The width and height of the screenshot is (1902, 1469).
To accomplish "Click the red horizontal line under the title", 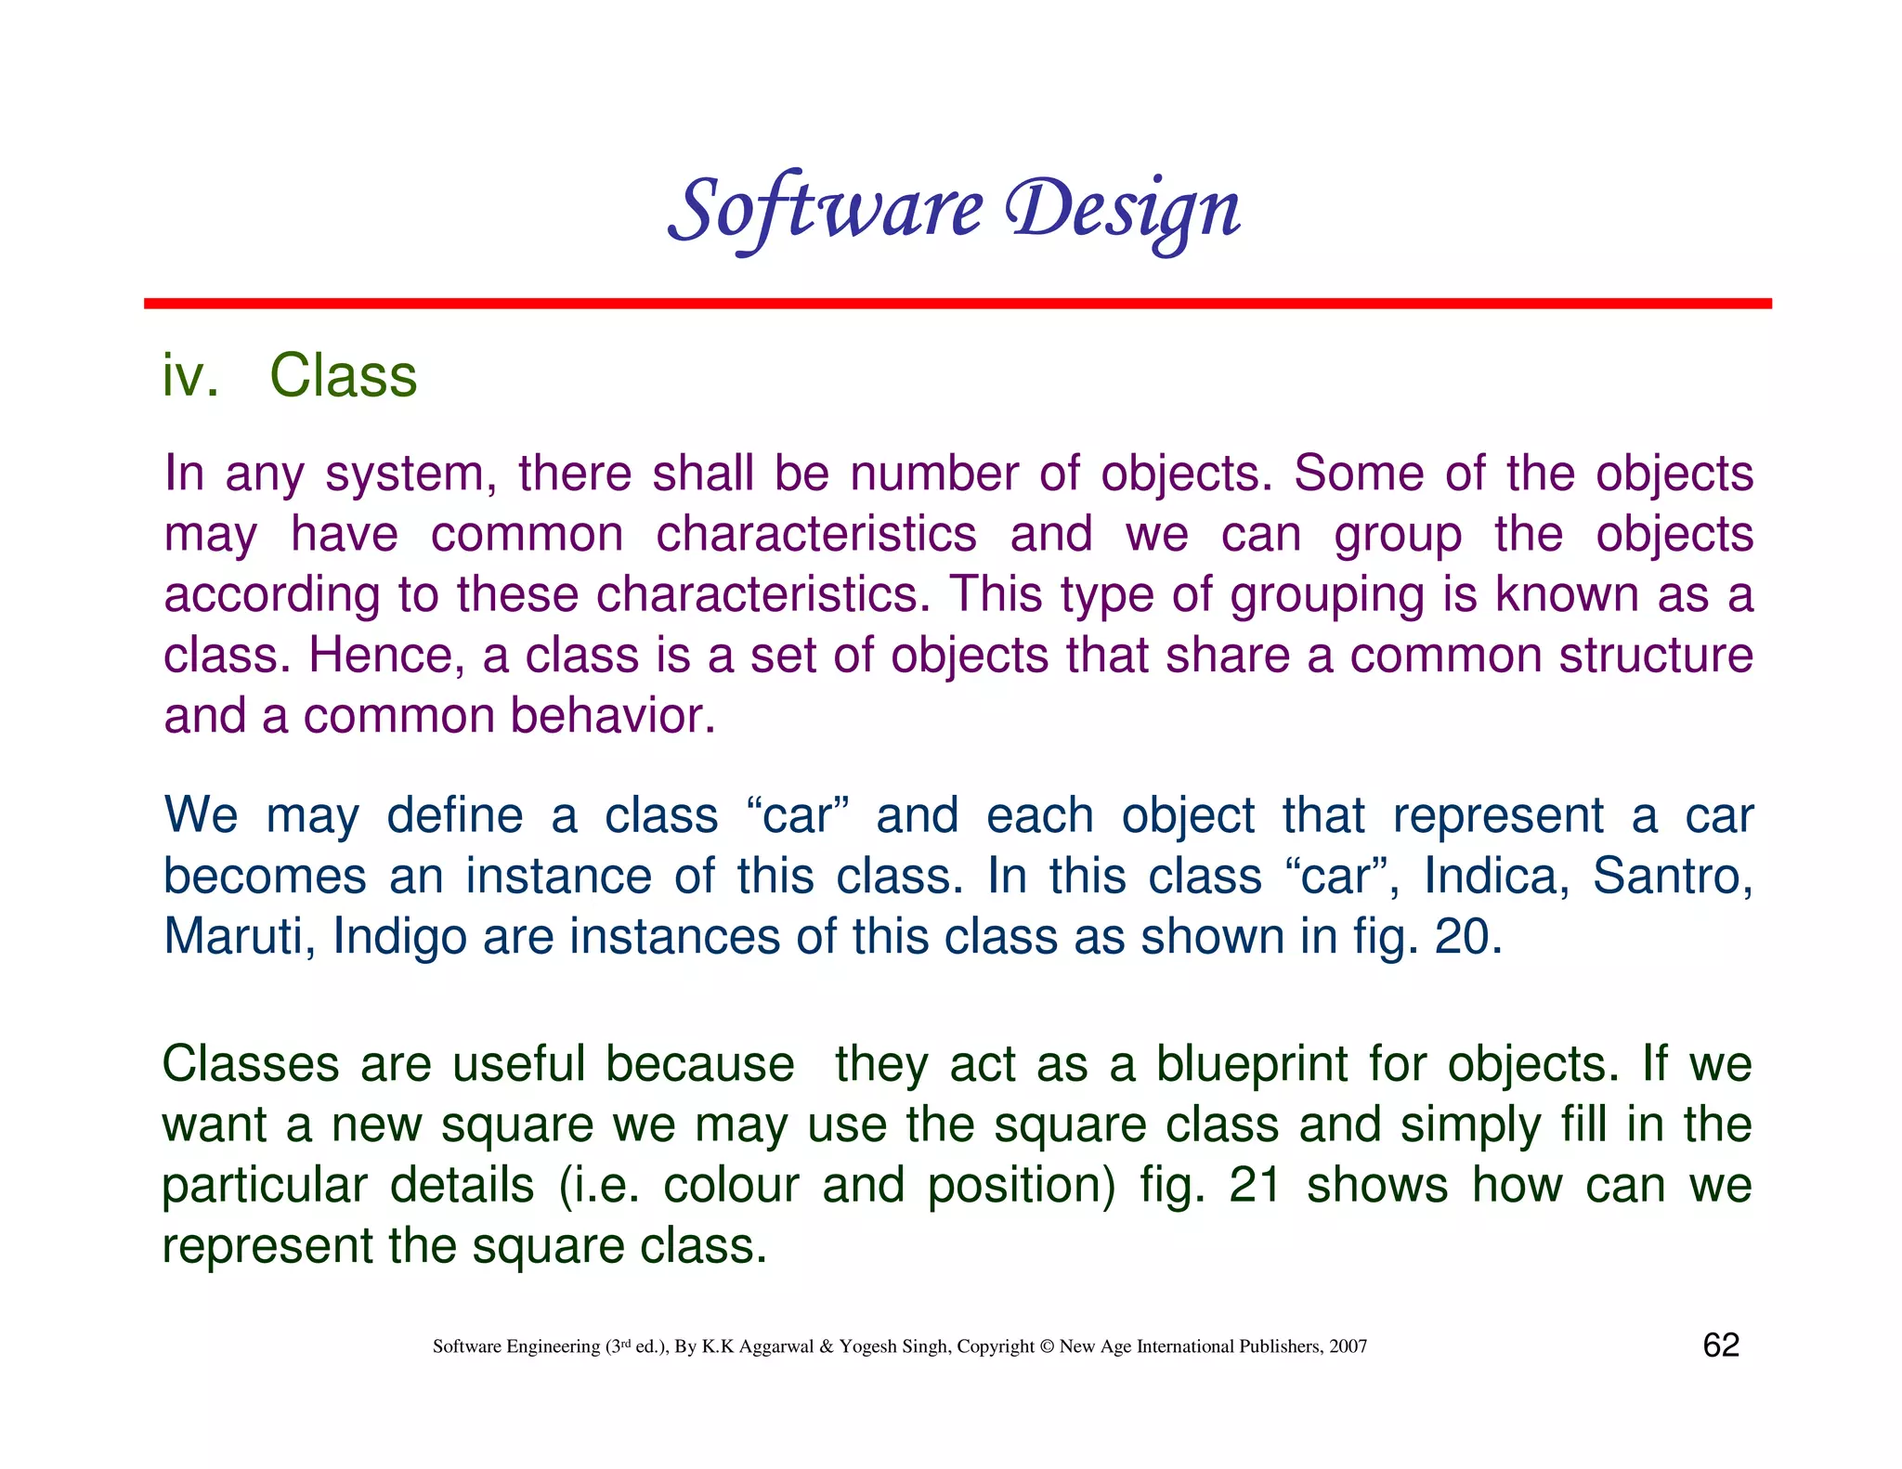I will pos(957,304).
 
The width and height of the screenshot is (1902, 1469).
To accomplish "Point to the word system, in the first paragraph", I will pos(405,474).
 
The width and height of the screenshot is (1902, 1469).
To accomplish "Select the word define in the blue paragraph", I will pos(454,816).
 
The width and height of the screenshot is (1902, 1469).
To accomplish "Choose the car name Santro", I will pos(1672,876).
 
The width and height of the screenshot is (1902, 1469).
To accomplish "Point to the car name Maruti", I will pos(239,936).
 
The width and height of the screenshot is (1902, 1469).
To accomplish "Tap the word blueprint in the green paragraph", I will pos(1251,1064).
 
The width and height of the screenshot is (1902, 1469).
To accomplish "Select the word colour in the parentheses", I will pos(730,1186).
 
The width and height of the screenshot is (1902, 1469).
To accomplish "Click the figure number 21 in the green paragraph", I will pos(1255,1186).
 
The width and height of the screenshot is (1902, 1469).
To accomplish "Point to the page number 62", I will pos(1721,1345).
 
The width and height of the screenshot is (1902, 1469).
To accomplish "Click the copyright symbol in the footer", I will pos(1047,1346).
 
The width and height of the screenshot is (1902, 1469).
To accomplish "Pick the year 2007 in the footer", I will pos(1348,1346).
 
